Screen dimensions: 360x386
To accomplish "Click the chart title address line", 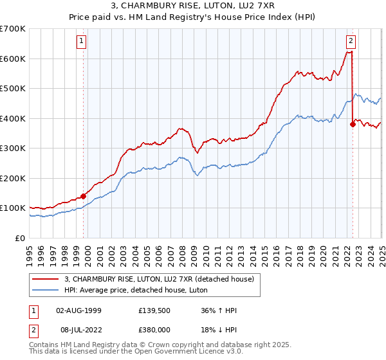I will pyautogui.click(x=193, y=6).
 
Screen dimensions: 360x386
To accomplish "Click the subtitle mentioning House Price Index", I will pyautogui.click(x=193, y=17).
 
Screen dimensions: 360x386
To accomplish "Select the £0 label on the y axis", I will pyautogui.click(x=21, y=238).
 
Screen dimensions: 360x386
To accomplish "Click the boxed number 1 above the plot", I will pyautogui.click(x=82, y=42).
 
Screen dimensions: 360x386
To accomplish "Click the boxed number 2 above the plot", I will pyautogui.click(x=351, y=42).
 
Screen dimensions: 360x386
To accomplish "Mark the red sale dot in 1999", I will pyautogui.click(x=83, y=196).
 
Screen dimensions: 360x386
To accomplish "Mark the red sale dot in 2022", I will pyautogui.click(x=353, y=125).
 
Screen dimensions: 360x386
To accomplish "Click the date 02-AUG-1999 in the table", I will pyautogui.click(x=79, y=310).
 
